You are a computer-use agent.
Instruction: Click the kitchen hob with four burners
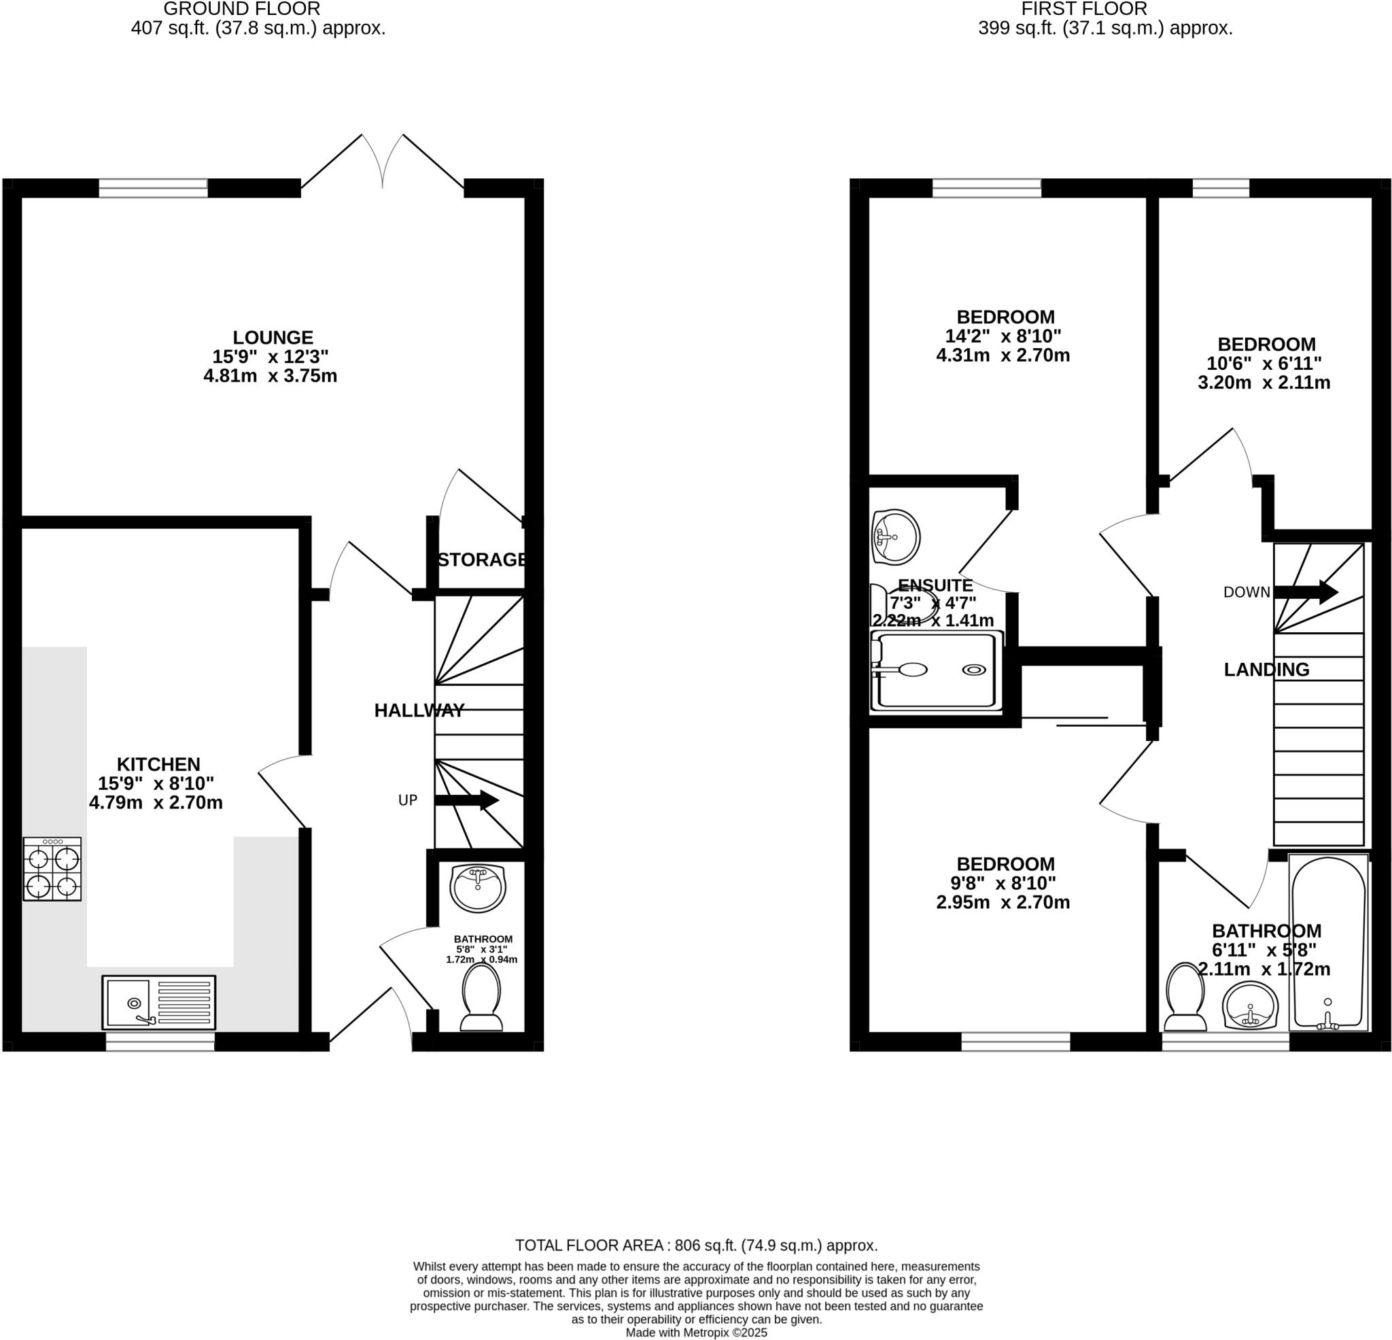tap(52, 869)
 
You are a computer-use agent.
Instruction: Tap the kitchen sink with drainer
tap(158, 1003)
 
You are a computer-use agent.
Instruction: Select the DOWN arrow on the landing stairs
tap(1306, 592)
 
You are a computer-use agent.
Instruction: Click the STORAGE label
tap(482, 560)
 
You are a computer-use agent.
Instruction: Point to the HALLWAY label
tap(419, 710)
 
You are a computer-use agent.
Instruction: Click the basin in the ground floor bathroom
tap(478, 888)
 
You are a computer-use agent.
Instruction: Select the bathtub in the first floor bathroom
tap(1328, 942)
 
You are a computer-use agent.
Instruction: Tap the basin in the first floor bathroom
tap(1251, 1006)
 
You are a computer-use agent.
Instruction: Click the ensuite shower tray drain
tap(974, 669)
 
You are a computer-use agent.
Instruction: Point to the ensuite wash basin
tap(897, 536)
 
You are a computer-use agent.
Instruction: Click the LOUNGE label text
tap(273, 337)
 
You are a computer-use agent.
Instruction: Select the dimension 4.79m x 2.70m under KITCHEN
tap(156, 803)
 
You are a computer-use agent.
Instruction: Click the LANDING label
tap(1266, 669)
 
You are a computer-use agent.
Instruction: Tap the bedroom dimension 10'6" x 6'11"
tap(1264, 364)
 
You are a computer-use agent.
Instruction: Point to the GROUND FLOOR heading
tap(241, 10)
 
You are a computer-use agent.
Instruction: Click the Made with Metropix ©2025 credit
tap(696, 1333)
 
